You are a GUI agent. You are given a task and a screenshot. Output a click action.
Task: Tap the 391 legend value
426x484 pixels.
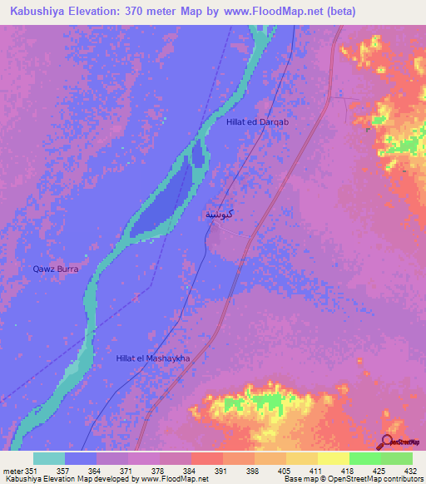click(222, 471)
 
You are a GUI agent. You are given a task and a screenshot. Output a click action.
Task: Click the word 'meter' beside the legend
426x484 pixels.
click(12, 471)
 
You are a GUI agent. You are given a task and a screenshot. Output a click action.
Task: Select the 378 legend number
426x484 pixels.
click(160, 471)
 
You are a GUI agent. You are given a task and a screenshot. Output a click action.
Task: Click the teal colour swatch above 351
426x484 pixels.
click(48, 458)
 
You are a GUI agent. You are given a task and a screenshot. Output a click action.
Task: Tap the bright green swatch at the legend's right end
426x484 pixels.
click(396, 458)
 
